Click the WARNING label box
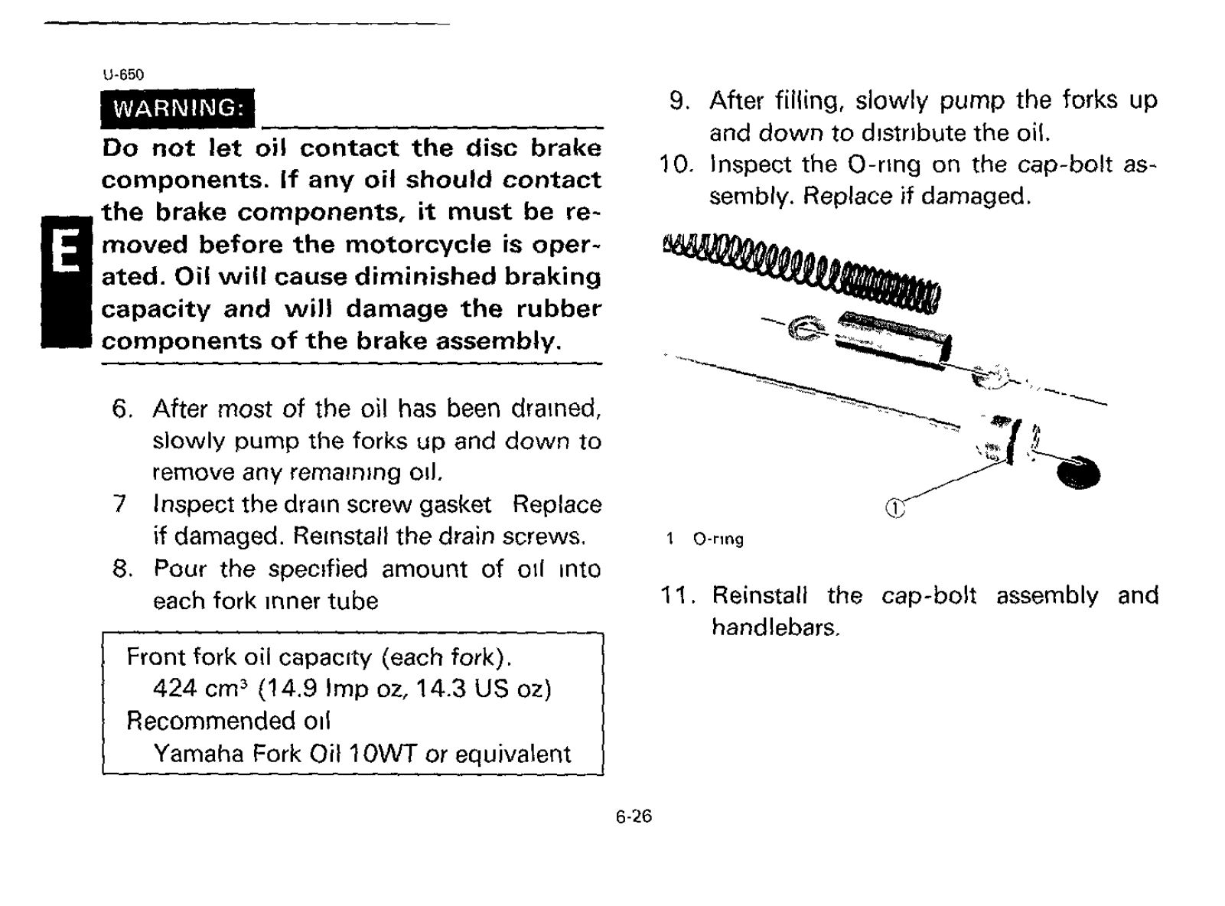tap(177, 108)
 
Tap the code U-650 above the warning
tap(122, 74)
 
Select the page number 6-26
tap(634, 816)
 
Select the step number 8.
tap(122, 569)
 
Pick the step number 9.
tap(679, 100)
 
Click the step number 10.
tap(676, 165)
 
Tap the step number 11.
tap(676, 595)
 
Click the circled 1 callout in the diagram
tap(894, 508)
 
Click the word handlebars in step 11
tap(775, 627)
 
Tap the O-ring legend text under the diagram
tap(718, 539)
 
